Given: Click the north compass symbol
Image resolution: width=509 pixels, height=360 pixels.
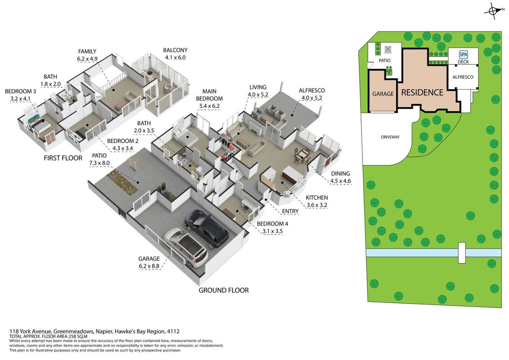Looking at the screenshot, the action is point(493,11).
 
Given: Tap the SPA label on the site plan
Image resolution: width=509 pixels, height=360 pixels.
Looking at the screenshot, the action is point(463,55).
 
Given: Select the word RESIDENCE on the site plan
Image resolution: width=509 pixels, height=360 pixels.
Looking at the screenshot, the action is point(422,93).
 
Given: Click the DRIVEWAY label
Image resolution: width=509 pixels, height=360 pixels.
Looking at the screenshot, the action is point(390,137).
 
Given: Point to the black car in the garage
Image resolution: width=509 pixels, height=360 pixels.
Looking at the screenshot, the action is point(207,228).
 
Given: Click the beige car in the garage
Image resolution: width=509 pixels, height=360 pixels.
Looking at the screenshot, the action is point(186,247).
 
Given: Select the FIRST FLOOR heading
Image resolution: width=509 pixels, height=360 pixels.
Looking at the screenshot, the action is point(63,158).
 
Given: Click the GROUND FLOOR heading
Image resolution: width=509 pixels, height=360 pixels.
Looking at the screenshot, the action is point(223,290).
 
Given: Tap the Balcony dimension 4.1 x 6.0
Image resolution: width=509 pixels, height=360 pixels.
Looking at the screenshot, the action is point(175,58).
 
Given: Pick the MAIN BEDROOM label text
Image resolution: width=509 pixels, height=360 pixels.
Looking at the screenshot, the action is point(210,95).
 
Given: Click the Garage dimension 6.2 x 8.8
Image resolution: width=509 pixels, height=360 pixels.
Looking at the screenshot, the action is point(149,266).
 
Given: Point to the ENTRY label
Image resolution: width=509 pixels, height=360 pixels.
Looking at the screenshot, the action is point(290,211).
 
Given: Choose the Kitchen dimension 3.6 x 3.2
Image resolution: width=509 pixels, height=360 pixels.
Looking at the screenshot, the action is point(317,205).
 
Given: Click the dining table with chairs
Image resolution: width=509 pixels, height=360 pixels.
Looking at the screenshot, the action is point(302,155).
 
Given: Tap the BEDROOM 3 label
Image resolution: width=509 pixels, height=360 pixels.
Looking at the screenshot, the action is point(20,92).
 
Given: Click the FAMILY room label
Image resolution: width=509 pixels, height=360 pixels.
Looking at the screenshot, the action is point(87,51).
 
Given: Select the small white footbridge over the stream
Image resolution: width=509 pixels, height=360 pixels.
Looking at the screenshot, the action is point(462,252).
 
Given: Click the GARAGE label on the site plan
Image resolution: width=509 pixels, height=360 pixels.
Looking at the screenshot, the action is point(383,94).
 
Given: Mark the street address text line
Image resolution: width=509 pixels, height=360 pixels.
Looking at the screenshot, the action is point(94,331).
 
